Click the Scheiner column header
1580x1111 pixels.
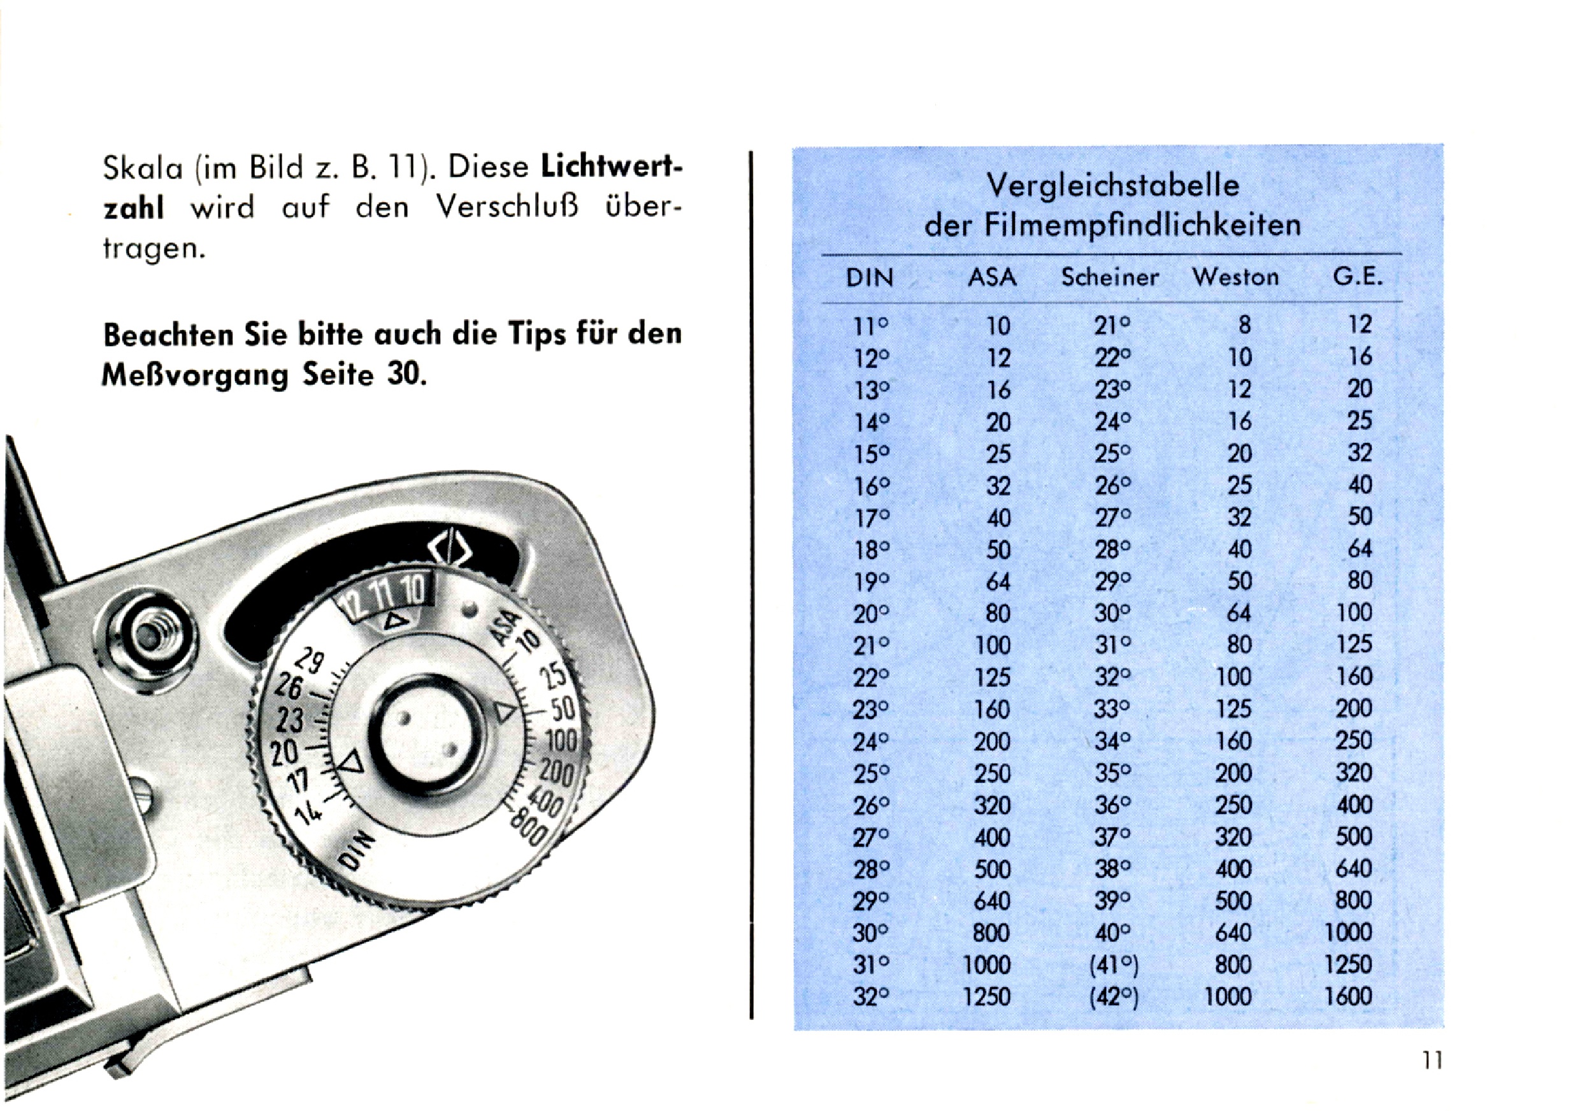point(1109,277)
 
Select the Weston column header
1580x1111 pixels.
point(1235,277)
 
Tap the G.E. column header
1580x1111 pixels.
point(1358,277)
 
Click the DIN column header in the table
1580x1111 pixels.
point(869,277)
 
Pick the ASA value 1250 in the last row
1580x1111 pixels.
point(987,997)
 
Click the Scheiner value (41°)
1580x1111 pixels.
point(1114,965)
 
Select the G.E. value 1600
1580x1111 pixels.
point(1349,996)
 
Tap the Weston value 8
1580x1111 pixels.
point(1244,325)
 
